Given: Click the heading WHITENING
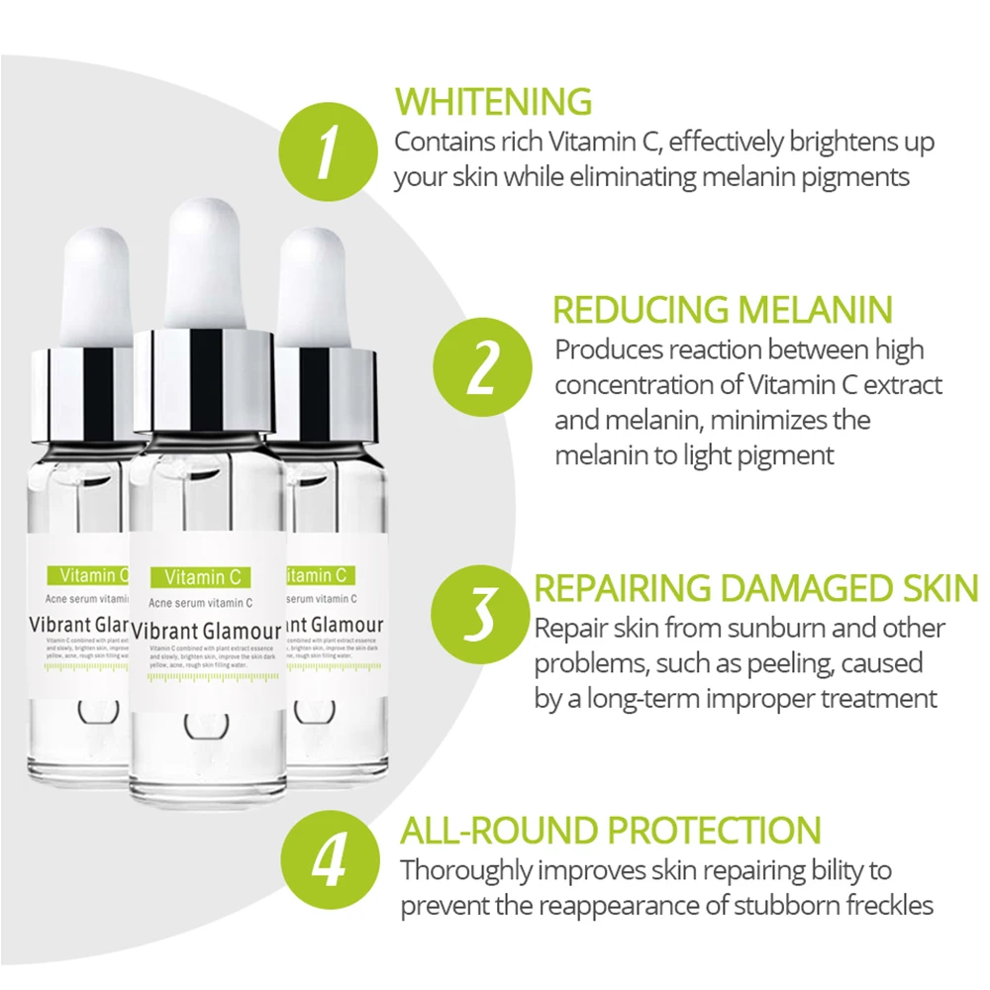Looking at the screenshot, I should [493, 101].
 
